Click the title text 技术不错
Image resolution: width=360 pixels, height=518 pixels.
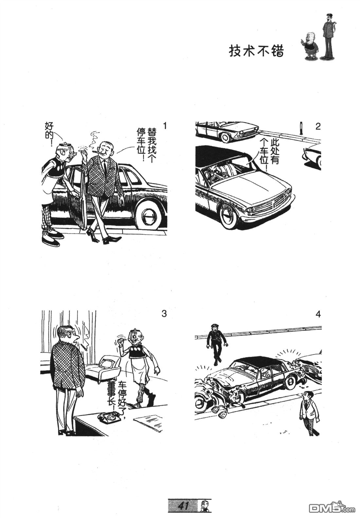coord(256,51)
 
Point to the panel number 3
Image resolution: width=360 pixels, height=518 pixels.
coord(164,314)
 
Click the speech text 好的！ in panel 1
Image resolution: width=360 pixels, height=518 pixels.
coord(49,134)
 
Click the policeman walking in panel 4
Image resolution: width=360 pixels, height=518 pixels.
coord(217,344)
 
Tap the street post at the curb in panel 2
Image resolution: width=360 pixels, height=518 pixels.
coord(300,128)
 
